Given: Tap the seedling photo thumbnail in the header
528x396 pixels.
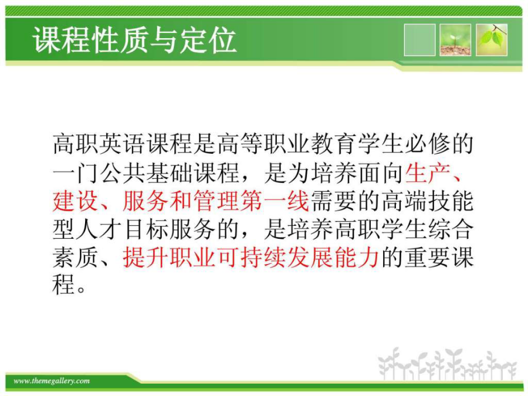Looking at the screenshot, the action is pos(455,40).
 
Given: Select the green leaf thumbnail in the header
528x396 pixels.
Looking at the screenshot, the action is pos(491,40).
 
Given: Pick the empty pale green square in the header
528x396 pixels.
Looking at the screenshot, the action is pos(419,40).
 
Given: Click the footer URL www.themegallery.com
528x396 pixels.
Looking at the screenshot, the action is pos(52,381).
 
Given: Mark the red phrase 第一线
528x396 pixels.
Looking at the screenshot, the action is pos(275,201).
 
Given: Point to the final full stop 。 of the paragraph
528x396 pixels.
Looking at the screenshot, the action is pos(82,290).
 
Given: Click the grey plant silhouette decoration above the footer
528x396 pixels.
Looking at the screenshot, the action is pos(447,364).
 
